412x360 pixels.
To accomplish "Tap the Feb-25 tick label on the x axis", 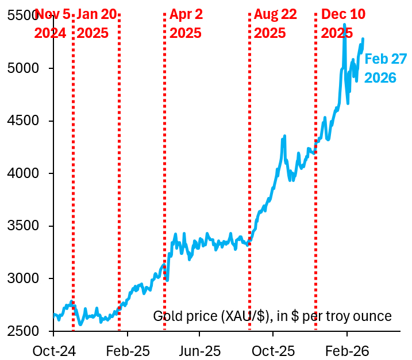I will click(x=127, y=349).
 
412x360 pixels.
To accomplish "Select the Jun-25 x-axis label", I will click(x=199, y=349).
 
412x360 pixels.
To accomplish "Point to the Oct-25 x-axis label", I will click(x=273, y=349).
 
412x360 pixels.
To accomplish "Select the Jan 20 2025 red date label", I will click(x=96, y=24).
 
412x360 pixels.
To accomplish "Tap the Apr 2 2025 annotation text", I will click(x=186, y=24).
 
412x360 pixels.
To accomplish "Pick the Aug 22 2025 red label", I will click(x=275, y=24).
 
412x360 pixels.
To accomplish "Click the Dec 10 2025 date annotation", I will click(x=343, y=24).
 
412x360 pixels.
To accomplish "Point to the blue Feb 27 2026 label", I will click(x=386, y=68).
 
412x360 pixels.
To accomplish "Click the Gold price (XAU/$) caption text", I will click(x=272, y=316).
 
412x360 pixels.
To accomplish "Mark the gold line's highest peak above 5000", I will click(x=344, y=25).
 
